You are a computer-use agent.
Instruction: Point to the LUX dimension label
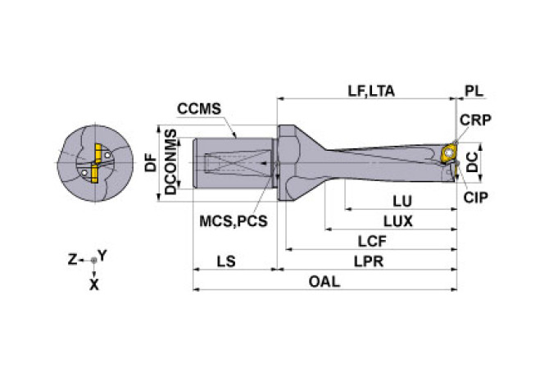coord(397,220)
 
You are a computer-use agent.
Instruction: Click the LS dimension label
coord(228,261)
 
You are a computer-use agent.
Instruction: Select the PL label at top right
coord(474,91)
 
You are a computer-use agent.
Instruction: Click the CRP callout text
coord(474,120)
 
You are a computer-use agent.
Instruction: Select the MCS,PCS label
coord(234,220)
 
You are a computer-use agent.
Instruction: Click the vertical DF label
coord(150,162)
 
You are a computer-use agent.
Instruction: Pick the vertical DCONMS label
coord(170,161)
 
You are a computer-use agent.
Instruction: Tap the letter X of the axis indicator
coord(94,284)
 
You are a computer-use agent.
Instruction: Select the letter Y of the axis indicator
coord(102,256)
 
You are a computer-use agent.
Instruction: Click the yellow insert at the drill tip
coord(447,152)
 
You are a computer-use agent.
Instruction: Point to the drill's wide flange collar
coord(288,161)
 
